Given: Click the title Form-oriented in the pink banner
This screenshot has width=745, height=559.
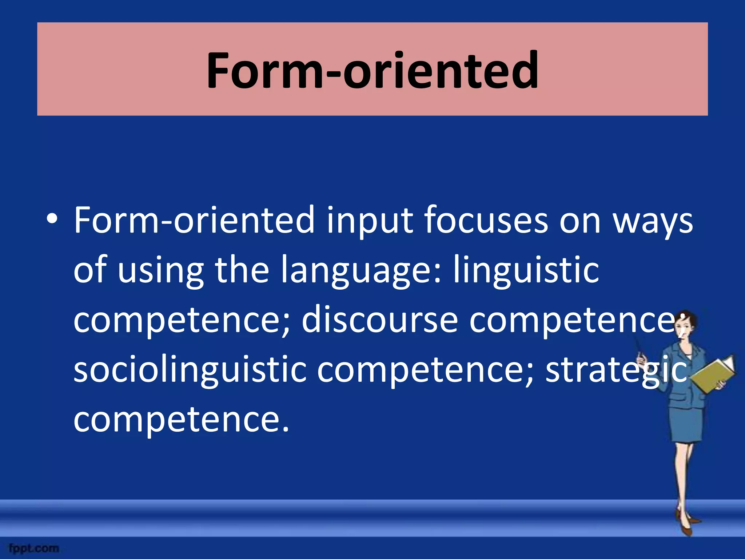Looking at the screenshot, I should click(372, 70).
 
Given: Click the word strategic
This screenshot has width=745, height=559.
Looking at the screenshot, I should click(616, 370).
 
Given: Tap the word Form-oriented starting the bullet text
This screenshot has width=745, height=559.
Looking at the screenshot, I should click(194, 220).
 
